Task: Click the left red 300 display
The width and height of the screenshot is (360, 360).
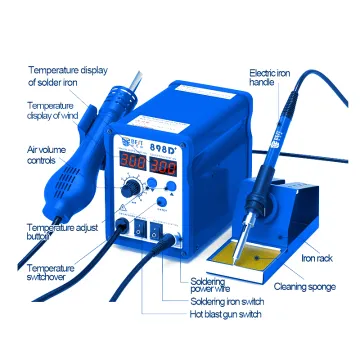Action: [x=133, y=160]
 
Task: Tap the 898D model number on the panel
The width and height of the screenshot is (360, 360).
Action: [x=163, y=148]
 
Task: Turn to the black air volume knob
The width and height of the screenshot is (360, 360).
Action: [x=130, y=189]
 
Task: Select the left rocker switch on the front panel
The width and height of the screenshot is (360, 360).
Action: [x=139, y=228]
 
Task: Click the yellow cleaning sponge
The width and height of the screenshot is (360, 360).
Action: [x=252, y=253]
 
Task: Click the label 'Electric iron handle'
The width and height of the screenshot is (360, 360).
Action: [x=270, y=78]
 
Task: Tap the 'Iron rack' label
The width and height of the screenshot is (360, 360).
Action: [x=317, y=258]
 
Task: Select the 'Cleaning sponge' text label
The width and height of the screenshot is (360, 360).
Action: [x=304, y=287]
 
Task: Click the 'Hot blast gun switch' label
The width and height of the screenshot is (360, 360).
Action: [x=225, y=314]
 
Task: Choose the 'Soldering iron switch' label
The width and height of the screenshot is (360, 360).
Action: [x=227, y=302]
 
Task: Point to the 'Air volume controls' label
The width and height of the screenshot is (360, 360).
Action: [x=46, y=155]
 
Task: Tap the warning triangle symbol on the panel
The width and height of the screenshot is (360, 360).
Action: [x=122, y=208]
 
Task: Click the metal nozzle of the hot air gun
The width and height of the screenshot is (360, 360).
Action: [x=136, y=81]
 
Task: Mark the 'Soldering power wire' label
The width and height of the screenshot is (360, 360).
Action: [x=210, y=284]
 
